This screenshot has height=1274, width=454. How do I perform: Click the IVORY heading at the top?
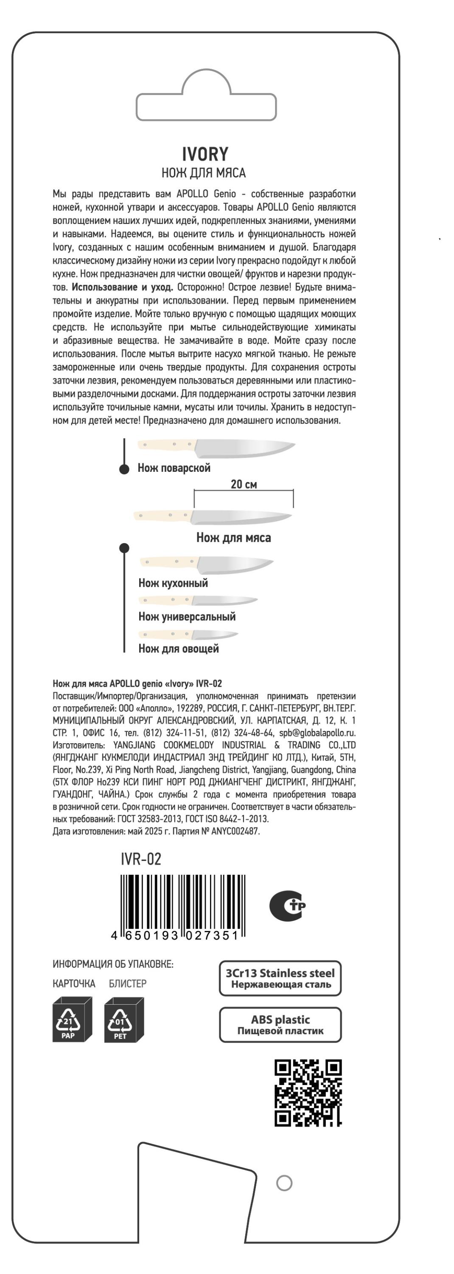205,154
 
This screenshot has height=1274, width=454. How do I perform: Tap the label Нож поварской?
174,468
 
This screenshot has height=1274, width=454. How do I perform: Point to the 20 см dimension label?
244,484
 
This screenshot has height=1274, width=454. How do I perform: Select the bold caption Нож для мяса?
233,538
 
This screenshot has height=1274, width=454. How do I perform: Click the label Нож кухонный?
173,583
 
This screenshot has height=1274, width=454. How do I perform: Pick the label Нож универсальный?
187,617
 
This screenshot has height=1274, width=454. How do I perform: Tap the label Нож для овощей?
178,649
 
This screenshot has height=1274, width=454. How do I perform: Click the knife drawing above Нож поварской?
216,448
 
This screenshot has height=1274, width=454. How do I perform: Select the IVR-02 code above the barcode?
141,859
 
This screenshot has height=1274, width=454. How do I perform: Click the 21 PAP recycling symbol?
72,1019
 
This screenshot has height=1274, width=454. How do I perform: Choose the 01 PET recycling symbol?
123,1019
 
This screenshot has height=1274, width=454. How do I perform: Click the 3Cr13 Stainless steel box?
280,978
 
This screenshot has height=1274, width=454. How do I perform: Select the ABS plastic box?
280,1025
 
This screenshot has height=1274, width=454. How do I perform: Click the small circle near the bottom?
284,1183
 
